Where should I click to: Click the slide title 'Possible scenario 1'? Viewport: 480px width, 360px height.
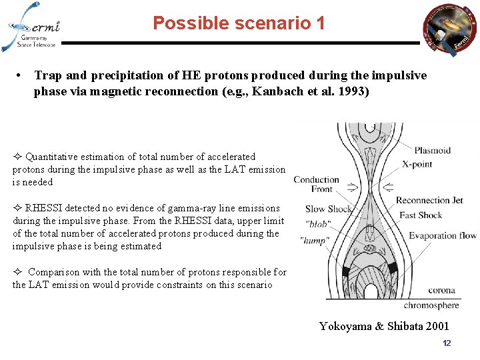[239, 23]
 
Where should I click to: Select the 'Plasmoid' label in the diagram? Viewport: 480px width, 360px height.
[432, 151]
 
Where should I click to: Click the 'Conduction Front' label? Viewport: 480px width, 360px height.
[317, 184]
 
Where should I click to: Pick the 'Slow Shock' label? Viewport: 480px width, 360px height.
[328, 209]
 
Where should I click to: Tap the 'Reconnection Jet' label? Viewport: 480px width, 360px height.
[429, 200]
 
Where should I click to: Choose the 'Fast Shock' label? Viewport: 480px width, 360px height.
[421, 215]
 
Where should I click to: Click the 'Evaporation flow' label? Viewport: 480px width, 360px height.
[443, 235]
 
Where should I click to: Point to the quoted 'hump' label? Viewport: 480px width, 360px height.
[315, 240]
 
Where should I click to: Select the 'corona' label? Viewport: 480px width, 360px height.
[441, 291]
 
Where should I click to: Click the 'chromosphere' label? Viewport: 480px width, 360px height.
[431, 305]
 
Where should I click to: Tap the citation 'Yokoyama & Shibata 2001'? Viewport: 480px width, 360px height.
[384, 326]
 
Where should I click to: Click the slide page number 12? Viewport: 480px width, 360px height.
[447, 343]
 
